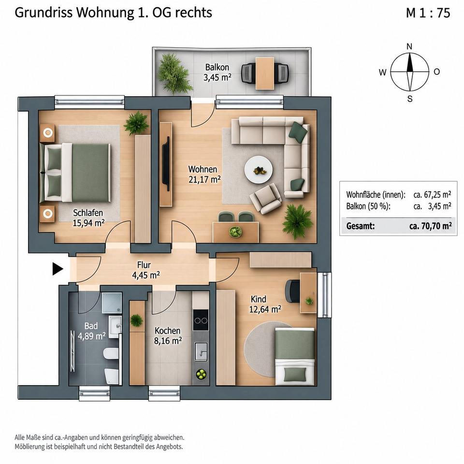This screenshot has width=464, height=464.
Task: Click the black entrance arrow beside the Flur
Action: point(58,269)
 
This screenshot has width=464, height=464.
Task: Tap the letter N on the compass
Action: point(409,46)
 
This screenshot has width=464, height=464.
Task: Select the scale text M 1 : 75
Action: point(428,13)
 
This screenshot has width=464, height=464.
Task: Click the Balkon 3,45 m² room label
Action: point(217,72)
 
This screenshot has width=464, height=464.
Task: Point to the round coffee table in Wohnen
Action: point(258,170)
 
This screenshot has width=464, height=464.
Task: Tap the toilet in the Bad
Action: point(111,354)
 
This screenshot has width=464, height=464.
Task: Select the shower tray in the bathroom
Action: point(112,303)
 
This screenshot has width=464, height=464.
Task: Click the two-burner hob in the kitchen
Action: point(201,320)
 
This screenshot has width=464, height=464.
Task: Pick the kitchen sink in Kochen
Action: point(201,351)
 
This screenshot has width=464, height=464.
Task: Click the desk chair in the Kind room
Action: point(292,291)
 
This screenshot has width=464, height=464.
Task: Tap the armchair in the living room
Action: point(265,198)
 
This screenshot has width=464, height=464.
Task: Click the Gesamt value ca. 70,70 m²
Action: point(430,226)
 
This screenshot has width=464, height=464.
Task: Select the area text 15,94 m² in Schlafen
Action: point(88,223)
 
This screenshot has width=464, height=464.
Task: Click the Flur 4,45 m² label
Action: point(145,270)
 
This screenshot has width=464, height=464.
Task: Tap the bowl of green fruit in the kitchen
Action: point(201,374)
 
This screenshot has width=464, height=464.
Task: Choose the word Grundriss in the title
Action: point(43,13)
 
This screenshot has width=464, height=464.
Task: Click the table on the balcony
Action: point(264,73)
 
